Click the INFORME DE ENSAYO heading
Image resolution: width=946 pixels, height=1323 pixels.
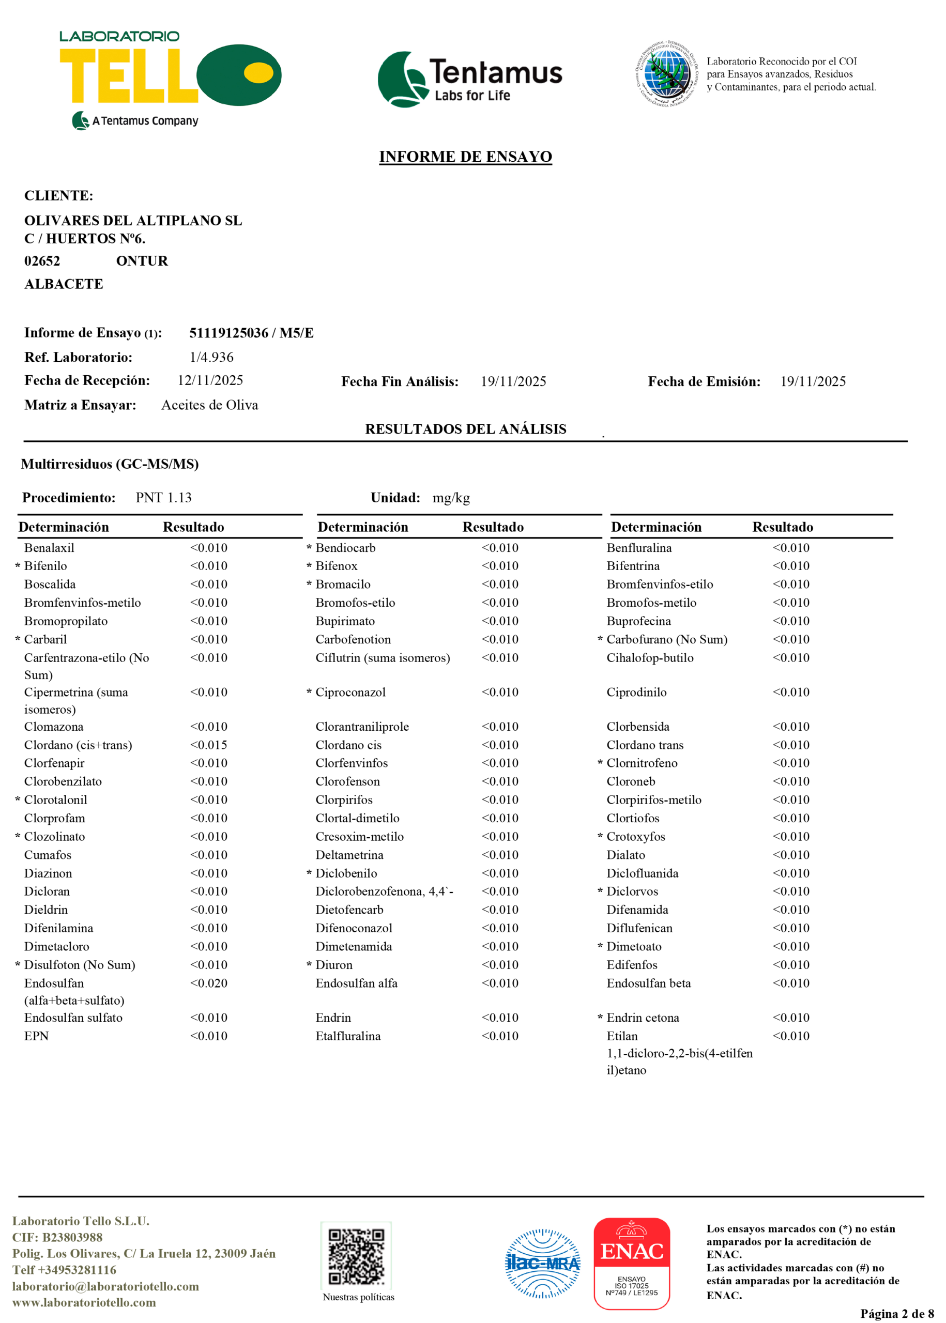pyautogui.click(x=465, y=157)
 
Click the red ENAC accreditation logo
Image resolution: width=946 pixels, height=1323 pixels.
pyautogui.click(x=632, y=1263)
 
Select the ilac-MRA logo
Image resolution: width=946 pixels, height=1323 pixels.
pyautogui.click(x=542, y=1263)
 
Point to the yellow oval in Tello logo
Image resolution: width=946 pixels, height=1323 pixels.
pyautogui.click(x=258, y=73)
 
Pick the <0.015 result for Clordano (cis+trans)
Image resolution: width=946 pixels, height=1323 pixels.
pyautogui.click(x=208, y=745)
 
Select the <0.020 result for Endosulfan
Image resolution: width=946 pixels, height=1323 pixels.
pyautogui.click(x=208, y=983)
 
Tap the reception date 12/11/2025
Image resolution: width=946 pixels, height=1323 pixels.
pyautogui.click(x=210, y=380)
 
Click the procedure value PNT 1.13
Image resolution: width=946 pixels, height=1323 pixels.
pyautogui.click(x=164, y=497)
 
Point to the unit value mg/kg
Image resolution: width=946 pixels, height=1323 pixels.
pyautogui.click(x=451, y=497)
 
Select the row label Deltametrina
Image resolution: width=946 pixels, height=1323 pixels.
pyautogui.click(x=349, y=855)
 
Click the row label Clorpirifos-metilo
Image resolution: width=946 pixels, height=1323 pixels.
pyautogui.click(x=653, y=799)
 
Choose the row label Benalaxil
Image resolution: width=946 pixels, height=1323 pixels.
pyautogui.click(x=49, y=547)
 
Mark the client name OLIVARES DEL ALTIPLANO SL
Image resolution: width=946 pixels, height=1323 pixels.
pyautogui.click(x=133, y=220)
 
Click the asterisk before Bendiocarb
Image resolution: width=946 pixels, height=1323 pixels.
pyautogui.click(x=309, y=548)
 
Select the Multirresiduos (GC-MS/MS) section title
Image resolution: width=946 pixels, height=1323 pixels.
pyautogui.click(x=110, y=464)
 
